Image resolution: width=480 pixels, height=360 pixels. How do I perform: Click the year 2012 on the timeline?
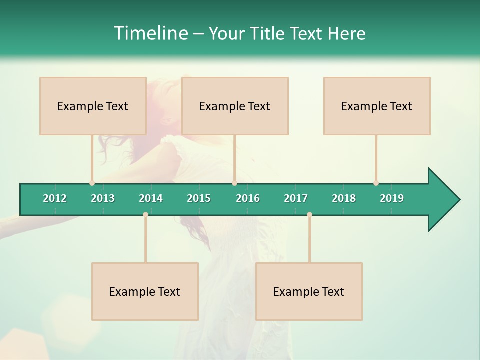point(55,198)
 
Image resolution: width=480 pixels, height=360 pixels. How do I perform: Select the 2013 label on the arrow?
point(103,198)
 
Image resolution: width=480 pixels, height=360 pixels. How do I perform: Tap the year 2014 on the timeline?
point(151,198)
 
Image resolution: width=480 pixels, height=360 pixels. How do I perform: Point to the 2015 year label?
point(199,198)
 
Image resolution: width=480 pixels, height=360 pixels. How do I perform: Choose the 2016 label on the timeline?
point(248,198)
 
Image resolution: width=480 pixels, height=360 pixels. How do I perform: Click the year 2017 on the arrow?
point(296,198)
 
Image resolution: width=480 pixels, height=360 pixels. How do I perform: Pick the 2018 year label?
point(344,198)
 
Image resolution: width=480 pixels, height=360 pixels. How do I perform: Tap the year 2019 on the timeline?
point(392,198)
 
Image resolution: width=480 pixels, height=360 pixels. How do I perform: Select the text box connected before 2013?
point(93,106)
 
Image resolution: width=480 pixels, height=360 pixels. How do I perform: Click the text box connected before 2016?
point(235,106)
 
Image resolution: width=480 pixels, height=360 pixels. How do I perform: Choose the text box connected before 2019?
point(377,106)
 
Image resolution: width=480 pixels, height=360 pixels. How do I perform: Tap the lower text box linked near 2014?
point(145,291)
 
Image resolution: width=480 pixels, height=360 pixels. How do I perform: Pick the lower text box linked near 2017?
point(309,291)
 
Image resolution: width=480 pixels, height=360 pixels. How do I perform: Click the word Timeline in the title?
point(150,33)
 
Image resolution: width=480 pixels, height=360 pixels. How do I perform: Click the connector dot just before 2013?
point(92,183)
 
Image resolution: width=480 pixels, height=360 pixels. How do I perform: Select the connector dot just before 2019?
point(376,183)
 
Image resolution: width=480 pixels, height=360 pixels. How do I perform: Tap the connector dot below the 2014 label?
point(145,214)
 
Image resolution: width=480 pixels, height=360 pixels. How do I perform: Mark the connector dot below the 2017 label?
point(309,214)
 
